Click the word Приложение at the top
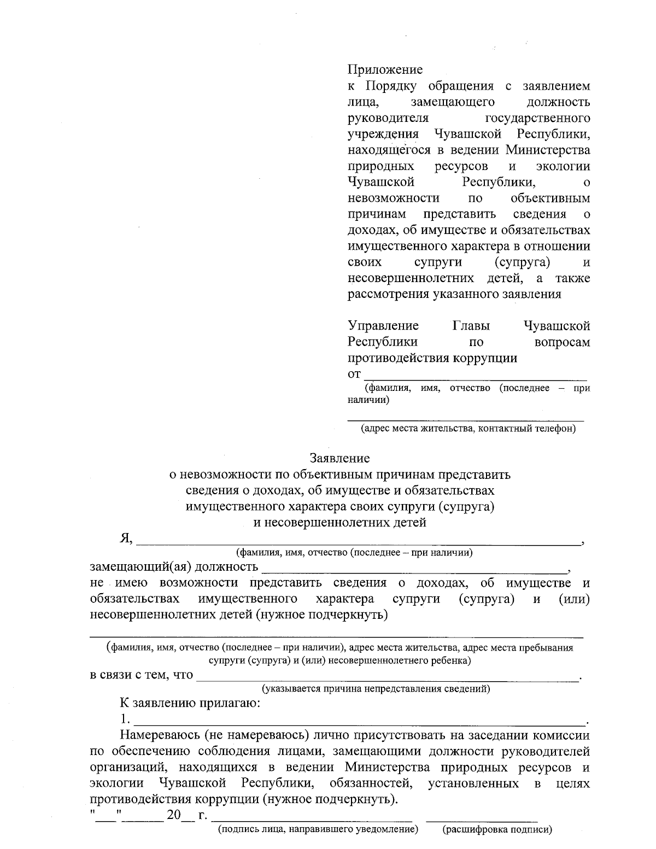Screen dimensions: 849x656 (x=385, y=70)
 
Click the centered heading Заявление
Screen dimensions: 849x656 (x=339, y=458)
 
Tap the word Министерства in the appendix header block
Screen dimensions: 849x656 (x=548, y=150)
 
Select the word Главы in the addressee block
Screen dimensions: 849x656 (x=471, y=326)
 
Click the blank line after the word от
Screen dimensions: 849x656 (x=476, y=374)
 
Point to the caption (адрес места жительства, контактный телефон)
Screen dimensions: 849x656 (x=468, y=429)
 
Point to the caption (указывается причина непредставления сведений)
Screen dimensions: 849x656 (x=376, y=689)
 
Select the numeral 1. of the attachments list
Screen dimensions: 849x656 (x=125, y=718)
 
